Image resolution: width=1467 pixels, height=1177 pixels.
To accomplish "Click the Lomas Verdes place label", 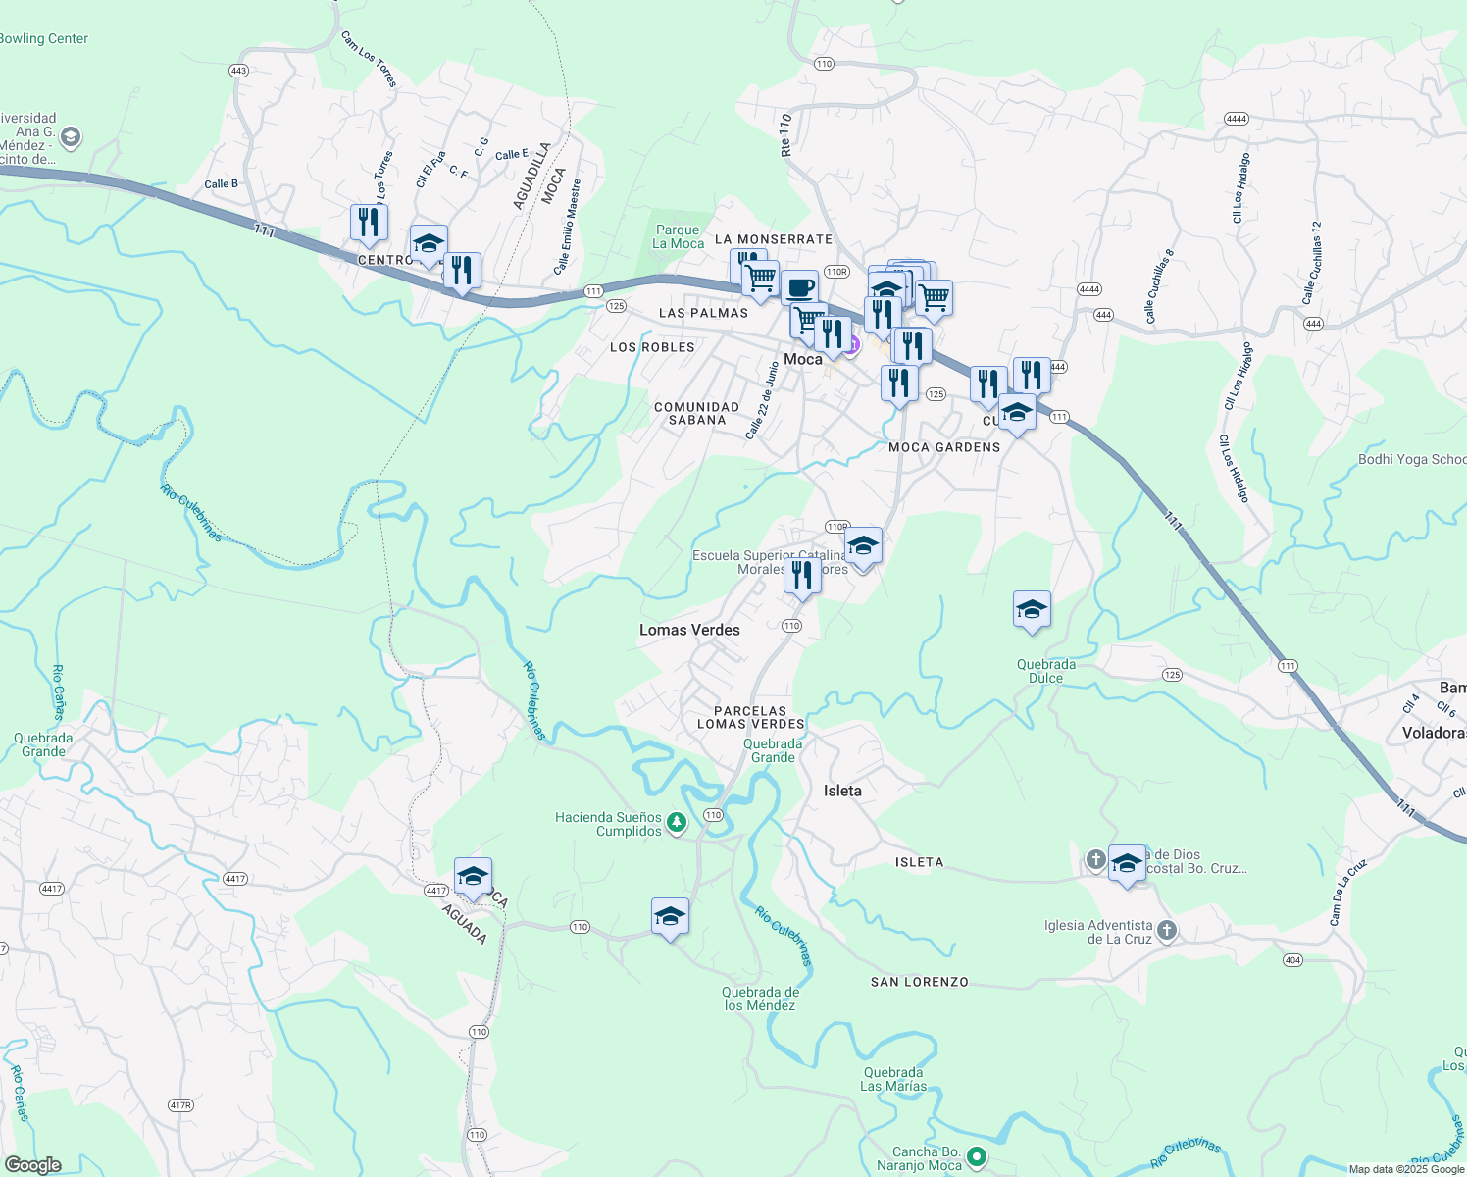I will pos(689,630).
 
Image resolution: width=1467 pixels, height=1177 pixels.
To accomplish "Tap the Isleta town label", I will pos(842,791).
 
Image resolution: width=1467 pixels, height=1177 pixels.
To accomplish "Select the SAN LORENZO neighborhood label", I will pos(919,982).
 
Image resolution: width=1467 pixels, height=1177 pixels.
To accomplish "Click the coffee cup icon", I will pos(800,287).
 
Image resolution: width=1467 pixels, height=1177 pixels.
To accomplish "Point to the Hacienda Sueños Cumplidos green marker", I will pos(677,823).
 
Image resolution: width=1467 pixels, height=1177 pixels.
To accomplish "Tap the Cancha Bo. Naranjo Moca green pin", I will pos(976,1157).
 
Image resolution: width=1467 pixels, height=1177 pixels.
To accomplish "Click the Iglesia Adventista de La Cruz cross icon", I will pos(1166,931).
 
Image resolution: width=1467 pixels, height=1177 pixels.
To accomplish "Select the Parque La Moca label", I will pos(678,236).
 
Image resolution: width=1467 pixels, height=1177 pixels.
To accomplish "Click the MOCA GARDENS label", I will pos(944,447).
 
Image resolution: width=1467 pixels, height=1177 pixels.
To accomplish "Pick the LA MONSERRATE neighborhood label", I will pos(774,239).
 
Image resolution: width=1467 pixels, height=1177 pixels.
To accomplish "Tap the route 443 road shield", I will pos(238,71).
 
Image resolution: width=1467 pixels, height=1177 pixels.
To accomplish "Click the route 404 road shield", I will pos(1292,960).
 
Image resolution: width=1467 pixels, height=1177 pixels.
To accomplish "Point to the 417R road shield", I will pos(180,1105).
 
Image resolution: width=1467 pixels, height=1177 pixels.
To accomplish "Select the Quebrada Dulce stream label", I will pos(1046,671).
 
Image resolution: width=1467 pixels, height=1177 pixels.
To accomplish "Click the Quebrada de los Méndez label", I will pos(760,998).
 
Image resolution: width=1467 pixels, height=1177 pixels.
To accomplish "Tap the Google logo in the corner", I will pos(32,1165).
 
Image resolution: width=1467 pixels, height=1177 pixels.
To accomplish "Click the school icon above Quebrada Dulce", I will pos(1032,610).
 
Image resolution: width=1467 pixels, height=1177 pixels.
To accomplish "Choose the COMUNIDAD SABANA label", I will pos(696,413).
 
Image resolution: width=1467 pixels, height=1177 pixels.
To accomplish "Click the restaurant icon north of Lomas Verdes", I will pos(802,576).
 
